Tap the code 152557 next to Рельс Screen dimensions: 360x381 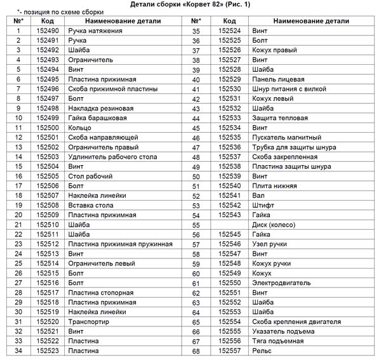point(229,350)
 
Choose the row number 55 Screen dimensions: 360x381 point(196,225)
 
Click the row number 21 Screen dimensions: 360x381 point(18,225)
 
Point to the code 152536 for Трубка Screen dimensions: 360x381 point(229,147)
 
